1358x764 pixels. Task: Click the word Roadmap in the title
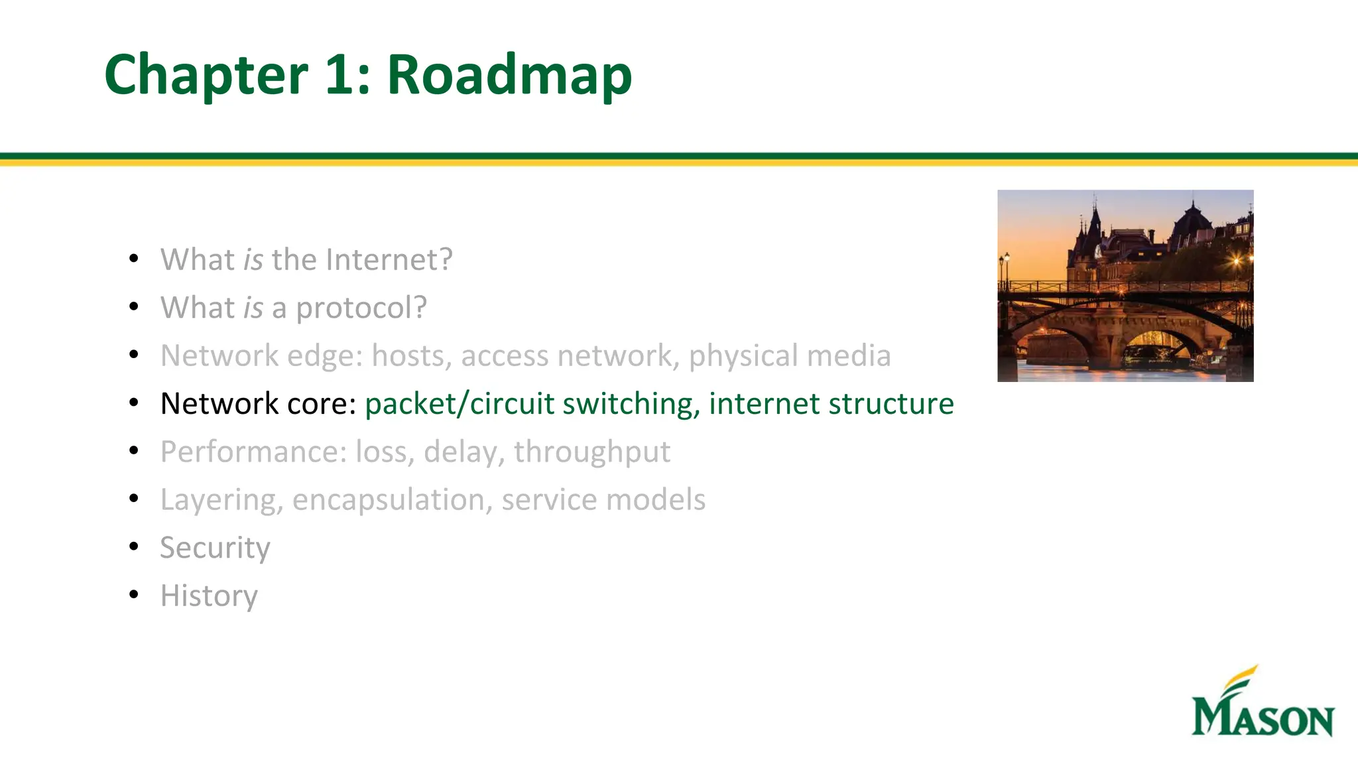509,76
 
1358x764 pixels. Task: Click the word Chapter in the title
206,76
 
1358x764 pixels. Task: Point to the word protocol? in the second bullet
361,308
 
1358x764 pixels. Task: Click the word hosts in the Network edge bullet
411,356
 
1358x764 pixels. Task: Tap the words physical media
789,356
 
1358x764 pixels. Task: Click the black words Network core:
259,404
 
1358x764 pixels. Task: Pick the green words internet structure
831,404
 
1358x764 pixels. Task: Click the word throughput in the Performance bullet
591,452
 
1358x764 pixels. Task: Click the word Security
215,548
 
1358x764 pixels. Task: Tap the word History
209,596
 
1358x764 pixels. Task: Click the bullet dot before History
134,594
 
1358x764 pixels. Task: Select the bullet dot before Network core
134,403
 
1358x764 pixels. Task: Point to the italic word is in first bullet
253,259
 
